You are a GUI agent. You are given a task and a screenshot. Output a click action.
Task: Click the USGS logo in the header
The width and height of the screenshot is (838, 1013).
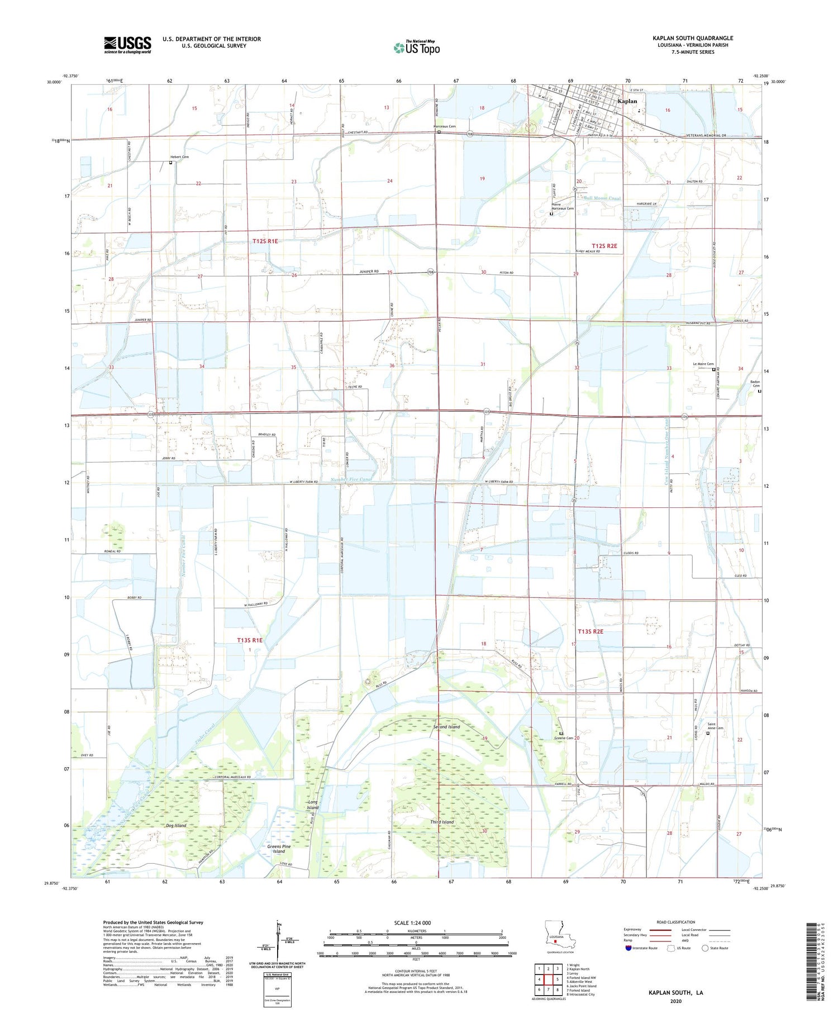click(127, 45)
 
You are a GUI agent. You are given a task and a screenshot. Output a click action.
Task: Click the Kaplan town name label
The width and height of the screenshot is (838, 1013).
click(627, 101)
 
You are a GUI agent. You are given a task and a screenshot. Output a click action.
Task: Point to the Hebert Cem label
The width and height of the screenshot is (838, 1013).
click(179, 157)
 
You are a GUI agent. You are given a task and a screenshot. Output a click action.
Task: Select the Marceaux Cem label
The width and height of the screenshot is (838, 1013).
click(445, 126)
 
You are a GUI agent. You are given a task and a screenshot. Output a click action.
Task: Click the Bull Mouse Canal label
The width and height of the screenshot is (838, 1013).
click(602, 198)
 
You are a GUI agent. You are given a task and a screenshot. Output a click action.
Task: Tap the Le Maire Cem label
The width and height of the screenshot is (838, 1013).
click(703, 364)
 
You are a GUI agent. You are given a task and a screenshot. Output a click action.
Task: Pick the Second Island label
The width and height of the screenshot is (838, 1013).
click(447, 727)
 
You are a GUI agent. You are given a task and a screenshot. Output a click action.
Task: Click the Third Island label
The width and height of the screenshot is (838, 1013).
click(442, 822)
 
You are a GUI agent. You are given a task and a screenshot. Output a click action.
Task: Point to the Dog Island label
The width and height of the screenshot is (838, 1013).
click(176, 825)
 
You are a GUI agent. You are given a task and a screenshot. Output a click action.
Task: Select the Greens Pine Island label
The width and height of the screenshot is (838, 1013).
click(279, 849)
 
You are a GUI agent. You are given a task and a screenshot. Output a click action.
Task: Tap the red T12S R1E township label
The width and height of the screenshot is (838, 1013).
click(265, 241)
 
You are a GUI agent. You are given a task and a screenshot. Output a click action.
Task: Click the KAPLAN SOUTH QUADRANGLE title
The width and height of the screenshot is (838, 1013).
click(692, 38)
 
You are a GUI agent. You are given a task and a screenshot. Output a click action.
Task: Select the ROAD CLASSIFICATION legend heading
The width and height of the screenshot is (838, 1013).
click(676, 922)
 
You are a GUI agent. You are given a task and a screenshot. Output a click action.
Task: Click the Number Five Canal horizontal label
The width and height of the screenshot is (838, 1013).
click(351, 479)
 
